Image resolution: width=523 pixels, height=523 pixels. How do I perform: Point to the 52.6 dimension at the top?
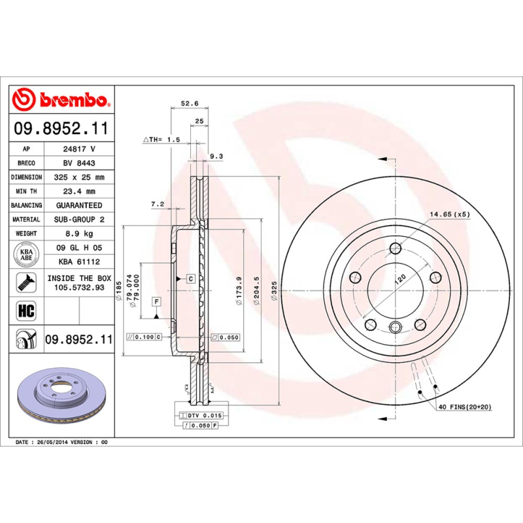tap(189, 103)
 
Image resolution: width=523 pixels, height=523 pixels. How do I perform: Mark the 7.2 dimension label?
tap(158, 204)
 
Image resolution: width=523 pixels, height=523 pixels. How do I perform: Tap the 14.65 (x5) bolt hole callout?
tap(449, 214)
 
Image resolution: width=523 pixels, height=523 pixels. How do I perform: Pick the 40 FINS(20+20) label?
tap(464, 407)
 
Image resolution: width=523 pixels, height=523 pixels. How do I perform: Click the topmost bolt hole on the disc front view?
tap(395, 249)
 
